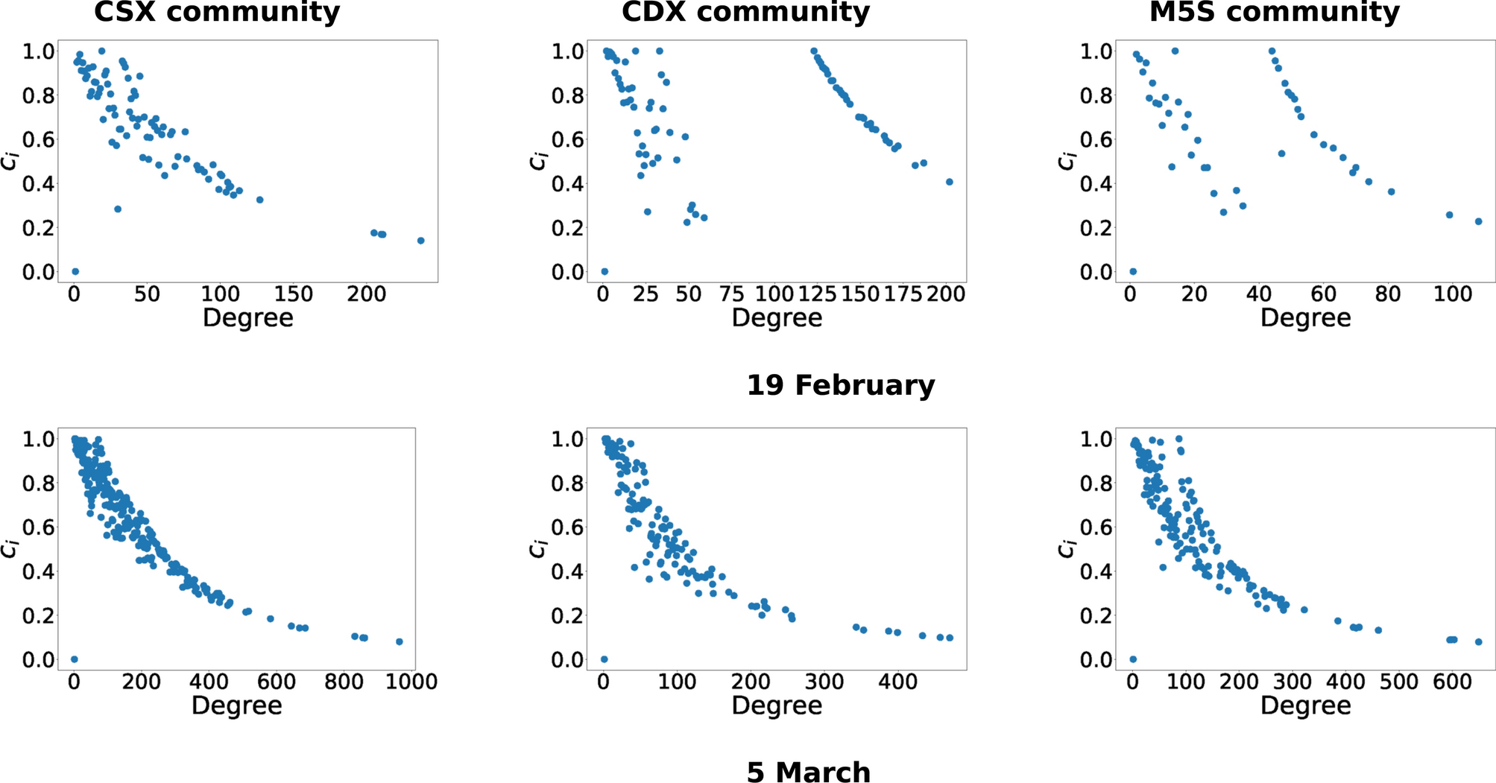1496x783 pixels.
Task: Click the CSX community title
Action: pos(217,12)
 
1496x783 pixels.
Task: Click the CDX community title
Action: pos(745,12)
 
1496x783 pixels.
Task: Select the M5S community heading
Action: pos(1275,12)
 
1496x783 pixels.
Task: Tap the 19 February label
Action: pos(840,385)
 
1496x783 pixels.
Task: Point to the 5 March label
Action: pos(808,772)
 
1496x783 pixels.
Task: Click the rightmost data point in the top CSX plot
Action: pos(420,241)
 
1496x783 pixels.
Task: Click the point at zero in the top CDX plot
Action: pos(605,271)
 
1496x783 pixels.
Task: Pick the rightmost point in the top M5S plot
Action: pos(1478,221)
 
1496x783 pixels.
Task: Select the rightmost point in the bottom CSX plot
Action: pos(399,641)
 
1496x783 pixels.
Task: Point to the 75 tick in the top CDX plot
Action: pos(731,294)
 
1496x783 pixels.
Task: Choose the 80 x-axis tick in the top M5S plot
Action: pos(1387,294)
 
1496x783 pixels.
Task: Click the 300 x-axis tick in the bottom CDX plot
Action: pos(824,682)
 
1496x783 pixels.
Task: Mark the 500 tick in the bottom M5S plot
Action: pos(1398,682)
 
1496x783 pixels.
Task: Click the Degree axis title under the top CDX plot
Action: pos(777,318)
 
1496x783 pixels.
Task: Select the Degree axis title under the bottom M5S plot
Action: pos(1305,706)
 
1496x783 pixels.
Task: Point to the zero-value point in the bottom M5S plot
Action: pos(1133,659)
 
